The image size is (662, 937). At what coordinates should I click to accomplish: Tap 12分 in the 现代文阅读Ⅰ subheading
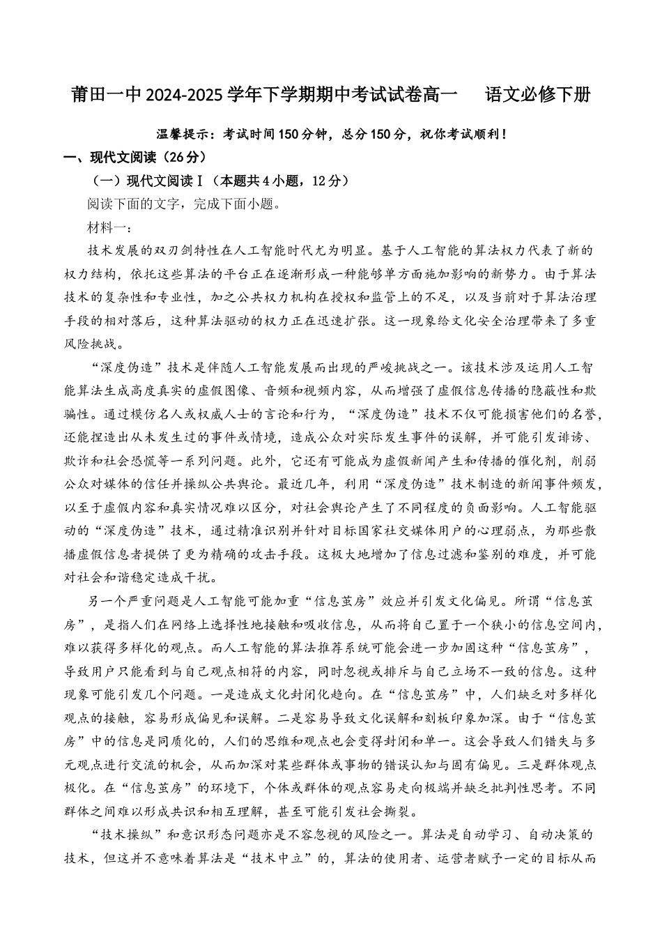330,181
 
